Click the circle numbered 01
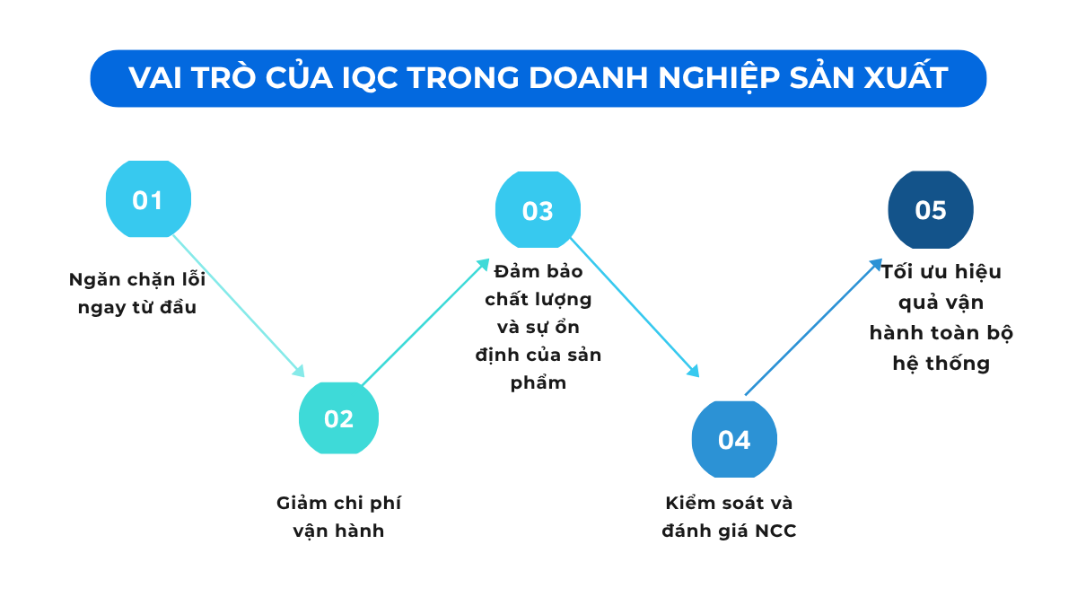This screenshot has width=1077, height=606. (148, 199)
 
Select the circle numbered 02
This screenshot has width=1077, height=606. (338, 417)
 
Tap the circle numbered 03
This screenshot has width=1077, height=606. (538, 210)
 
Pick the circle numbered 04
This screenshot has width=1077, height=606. (733, 440)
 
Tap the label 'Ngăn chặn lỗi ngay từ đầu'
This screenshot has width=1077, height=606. (137, 294)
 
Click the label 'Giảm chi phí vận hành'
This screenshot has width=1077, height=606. (338, 516)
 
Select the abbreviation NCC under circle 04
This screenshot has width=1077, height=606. (775, 531)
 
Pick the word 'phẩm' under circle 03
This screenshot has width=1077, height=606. (538, 383)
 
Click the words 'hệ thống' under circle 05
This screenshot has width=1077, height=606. (941, 364)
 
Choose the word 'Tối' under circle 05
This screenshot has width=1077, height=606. (900, 272)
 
